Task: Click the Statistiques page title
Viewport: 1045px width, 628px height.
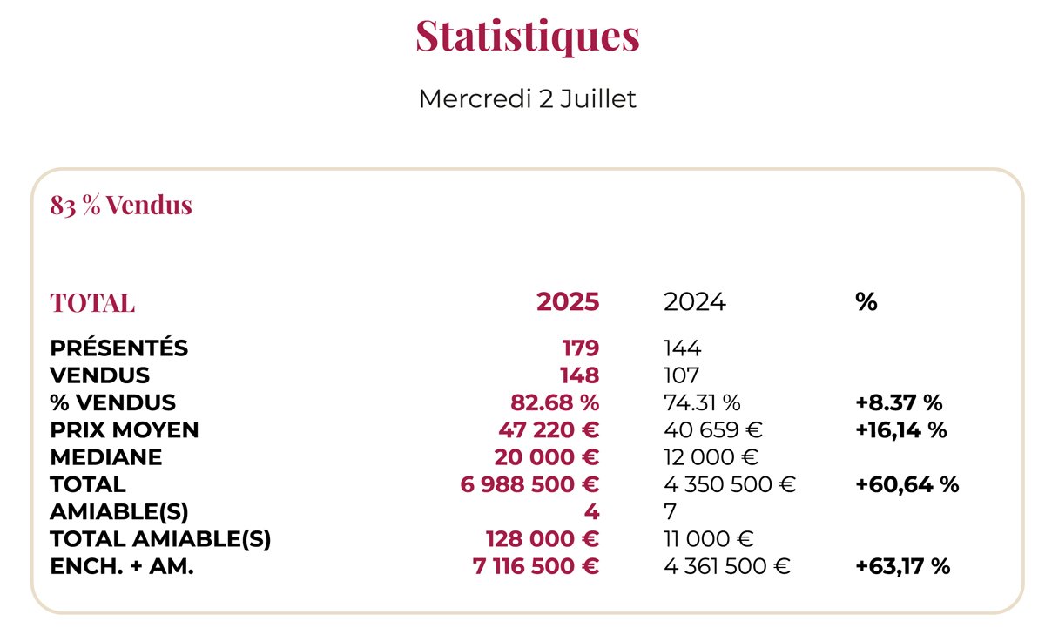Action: pos(527,37)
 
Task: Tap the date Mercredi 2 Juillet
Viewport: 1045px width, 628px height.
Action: pos(527,99)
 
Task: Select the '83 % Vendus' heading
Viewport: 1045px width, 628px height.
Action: pos(121,206)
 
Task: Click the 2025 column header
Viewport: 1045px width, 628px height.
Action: pos(568,302)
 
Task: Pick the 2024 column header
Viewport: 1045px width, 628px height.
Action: pos(694,302)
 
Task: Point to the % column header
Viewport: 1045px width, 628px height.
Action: pos(866,302)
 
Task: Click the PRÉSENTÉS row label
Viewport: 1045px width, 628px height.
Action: pos(118,348)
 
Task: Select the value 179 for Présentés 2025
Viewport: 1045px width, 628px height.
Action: pos(580,348)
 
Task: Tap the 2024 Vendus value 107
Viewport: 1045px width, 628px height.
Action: pos(682,375)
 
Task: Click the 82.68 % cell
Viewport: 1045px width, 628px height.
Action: pos(555,402)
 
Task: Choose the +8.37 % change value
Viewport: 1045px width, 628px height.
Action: pos(900,402)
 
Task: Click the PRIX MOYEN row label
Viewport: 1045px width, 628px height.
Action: pos(125,429)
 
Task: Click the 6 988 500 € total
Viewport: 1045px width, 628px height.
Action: pos(529,484)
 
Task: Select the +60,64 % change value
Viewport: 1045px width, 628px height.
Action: pos(907,484)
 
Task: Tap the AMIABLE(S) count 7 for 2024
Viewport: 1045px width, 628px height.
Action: pos(670,511)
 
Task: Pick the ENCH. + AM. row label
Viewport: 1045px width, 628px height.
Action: pos(122,566)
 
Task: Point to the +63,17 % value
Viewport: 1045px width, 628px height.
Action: pos(902,566)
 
